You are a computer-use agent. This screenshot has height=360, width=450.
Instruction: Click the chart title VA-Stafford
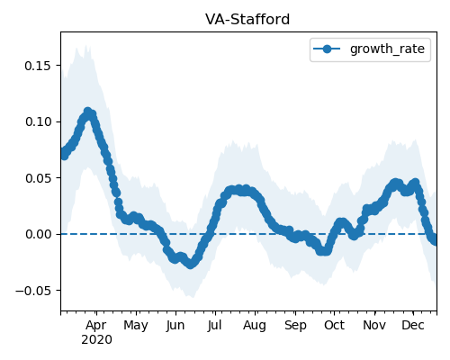pos(247,20)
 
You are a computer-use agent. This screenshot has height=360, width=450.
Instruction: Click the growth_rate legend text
pos(387,49)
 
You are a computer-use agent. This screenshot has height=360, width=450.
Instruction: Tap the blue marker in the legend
pos(327,49)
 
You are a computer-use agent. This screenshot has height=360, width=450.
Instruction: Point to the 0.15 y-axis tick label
pos(38,66)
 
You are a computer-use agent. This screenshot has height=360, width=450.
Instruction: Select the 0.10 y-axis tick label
pos(38,121)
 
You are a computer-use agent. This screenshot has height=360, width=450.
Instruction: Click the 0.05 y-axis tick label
pos(38,178)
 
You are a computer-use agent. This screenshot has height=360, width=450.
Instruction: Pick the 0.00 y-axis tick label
pos(38,234)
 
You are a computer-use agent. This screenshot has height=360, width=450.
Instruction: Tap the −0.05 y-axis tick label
pos(33,291)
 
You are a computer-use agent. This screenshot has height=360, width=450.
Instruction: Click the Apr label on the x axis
pos(96,326)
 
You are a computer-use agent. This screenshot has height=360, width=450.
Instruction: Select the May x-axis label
pos(136,326)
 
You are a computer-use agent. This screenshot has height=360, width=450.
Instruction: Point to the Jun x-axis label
pos(175,326)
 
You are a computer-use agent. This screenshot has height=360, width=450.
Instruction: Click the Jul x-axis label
pos(214,326)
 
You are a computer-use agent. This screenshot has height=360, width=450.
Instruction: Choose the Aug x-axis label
pos(255,326)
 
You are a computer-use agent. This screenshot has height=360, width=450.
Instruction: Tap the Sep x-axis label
pos(295,326)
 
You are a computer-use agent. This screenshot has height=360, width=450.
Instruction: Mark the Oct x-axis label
pos(334,326)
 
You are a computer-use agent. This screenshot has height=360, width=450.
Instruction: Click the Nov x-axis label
pos(374,326)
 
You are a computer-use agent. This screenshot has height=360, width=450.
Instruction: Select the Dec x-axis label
pos(413,326)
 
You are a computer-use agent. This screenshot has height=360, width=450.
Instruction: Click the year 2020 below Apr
pos(96,340)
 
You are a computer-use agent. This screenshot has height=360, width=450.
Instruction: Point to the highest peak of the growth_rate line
pos(87,112)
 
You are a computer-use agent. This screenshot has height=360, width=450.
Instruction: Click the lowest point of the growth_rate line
pos(190,265)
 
